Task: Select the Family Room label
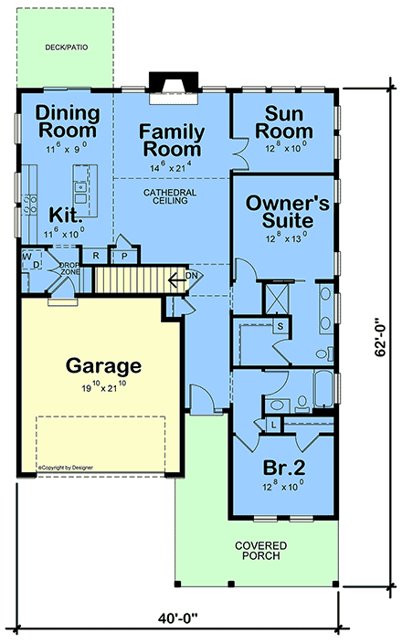coord(171,140)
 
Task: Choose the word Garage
coord(103,366)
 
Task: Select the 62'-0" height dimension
coord(379,339)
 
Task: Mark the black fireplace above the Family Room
coord(170,82)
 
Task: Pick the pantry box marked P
coord(124,257)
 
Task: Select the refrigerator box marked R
coord(96,256)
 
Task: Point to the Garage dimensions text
coord(103,387)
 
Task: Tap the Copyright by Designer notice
coord(65,468)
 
